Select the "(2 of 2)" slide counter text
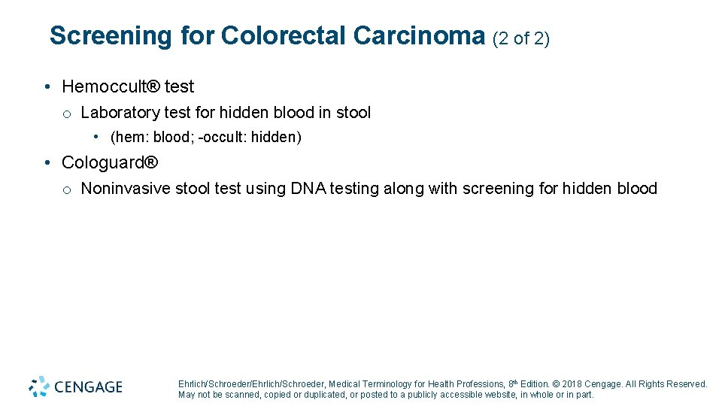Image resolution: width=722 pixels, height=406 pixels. pyautogui.click(x=521, y=38)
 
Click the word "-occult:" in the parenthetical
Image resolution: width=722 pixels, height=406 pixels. pyautogui.click(x=223, y=137)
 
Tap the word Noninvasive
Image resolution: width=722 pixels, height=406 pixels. pyautogui.click(x=126, y=189)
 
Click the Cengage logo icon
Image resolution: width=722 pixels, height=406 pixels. pyautogui.click(x=39, y=386)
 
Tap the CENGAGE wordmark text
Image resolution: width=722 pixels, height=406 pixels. pyautogui.click(x=88, y=387)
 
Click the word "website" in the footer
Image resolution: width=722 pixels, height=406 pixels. pyautogui.click(x=493, y=395)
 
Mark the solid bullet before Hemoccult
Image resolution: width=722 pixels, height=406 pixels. pyautogui.click(x=47, y=87)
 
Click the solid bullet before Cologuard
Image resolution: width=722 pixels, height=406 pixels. pyautogui.click(x=47, y=163)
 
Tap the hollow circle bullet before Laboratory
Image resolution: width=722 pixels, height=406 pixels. pyautogui.click(x=67, y=114)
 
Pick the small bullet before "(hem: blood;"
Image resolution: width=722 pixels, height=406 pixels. pyautogui.click(x=97, y=137)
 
